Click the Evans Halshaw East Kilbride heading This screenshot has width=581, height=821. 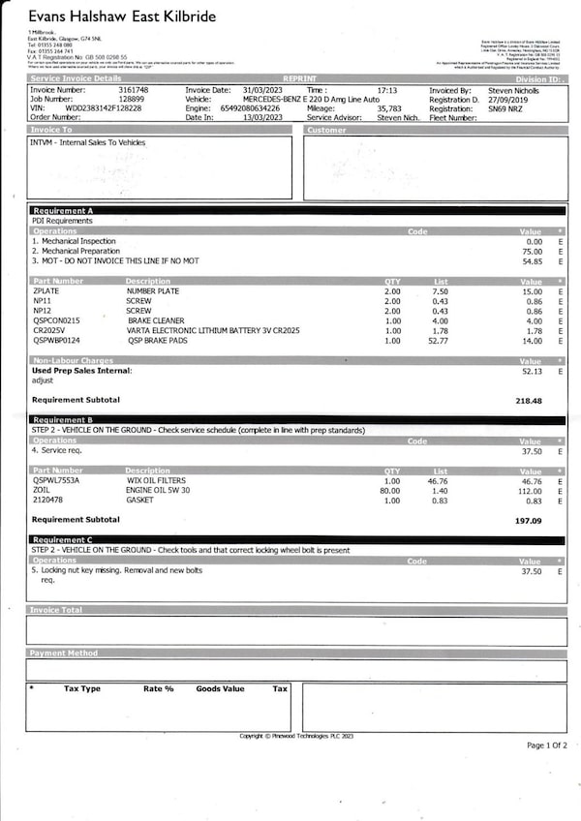tap(122, 17)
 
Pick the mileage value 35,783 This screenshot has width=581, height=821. tap(389, 108)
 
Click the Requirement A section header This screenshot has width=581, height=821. tap(63, 210)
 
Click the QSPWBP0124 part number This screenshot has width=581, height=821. tap(57, 340)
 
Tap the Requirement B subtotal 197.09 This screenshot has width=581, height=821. tap(529, 520)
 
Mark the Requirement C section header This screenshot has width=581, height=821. tap(63, 540)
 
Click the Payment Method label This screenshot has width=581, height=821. tap(64, 654)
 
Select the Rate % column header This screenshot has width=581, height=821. tap(159, 688)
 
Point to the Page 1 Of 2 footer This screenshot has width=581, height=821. tap(547, 745)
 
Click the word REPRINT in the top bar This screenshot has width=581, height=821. tap(298, 78)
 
